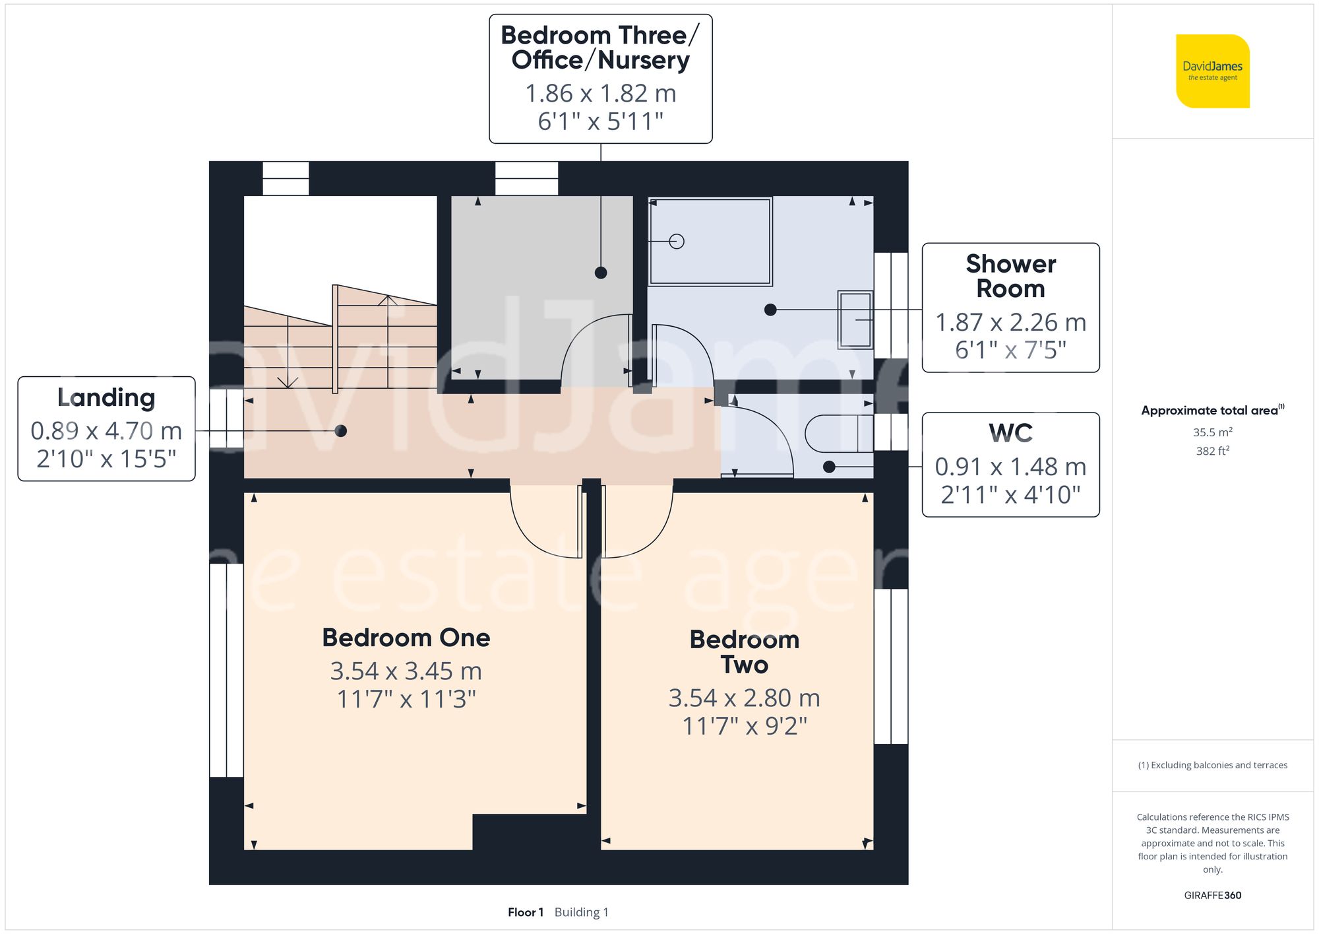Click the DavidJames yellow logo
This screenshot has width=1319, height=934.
[x=1212, y=71]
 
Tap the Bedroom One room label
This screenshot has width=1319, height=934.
[x=406, y=638]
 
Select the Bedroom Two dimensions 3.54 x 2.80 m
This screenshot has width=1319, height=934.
[x=744, y=698]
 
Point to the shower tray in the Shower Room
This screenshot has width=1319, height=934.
[x=710, y=241]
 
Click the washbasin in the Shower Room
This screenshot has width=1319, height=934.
[x=855, y=320]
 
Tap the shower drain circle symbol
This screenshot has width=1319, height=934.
[x=676, y=242]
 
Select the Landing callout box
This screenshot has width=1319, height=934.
[x=106, y=429]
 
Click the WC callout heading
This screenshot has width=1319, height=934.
[x=1010, y=434]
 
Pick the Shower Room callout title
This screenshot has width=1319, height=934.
[x=1010, y=276]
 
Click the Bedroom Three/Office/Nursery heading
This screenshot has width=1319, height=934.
[x=600, y=48]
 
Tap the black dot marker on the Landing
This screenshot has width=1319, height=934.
[x=341, y=431]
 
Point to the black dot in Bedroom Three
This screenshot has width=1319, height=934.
[x=601, y=273]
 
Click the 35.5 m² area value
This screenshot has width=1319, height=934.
[x=1212, y=432]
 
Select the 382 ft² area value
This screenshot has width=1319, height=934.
[x=1212, y=451]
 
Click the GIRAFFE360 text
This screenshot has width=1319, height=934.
[x=1212, y=895]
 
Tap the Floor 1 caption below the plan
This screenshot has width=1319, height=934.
[x=526, y=912]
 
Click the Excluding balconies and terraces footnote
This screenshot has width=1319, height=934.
[x=1212, y=765]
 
